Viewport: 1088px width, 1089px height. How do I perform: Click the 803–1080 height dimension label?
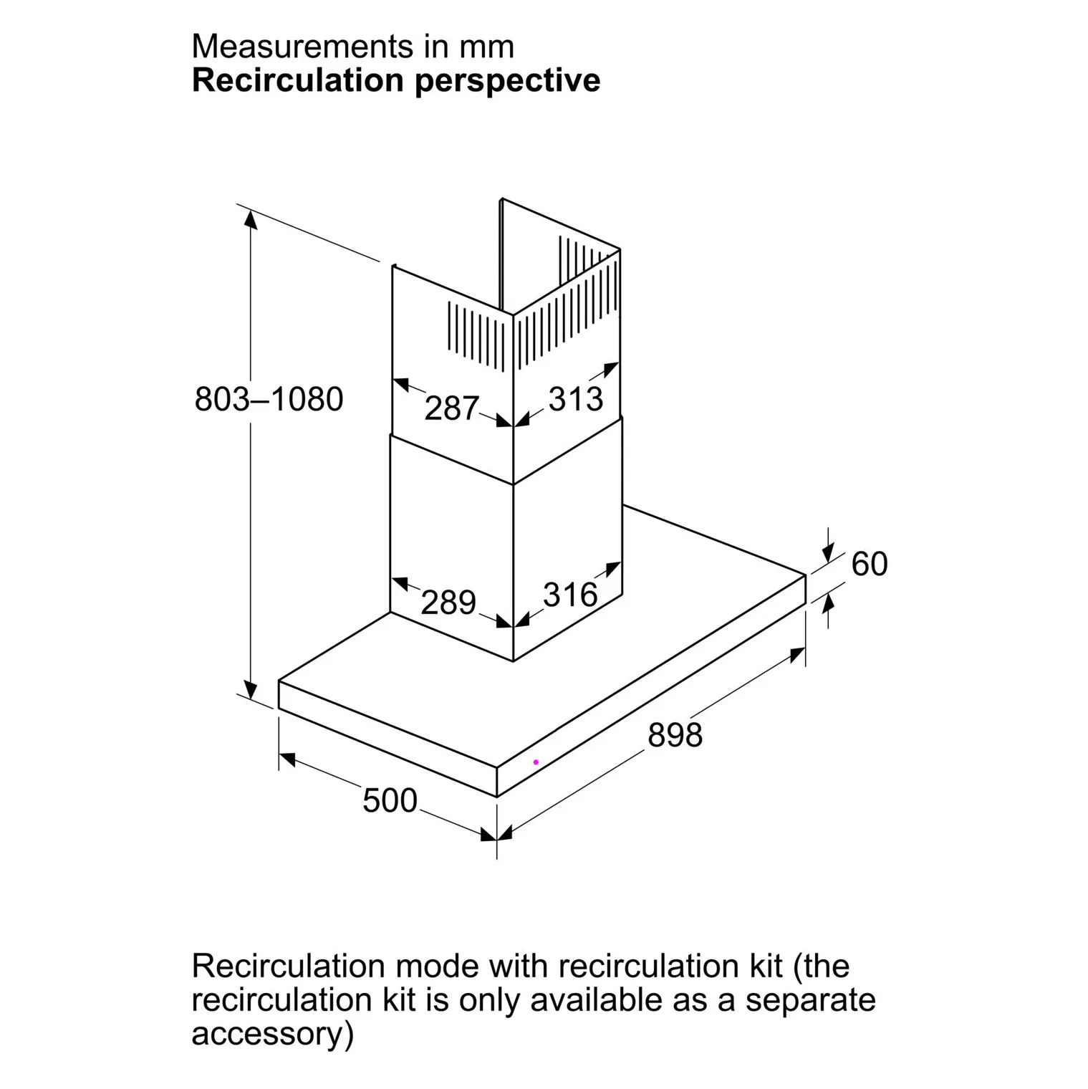click(x=269, y=398)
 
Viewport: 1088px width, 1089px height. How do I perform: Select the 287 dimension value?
click(x=451, y=408)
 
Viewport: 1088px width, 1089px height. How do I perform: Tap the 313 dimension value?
click(x=576, y=398)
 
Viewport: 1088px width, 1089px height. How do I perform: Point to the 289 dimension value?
click(x=448, y=603)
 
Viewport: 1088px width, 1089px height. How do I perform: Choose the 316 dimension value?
click(x=570, y=595)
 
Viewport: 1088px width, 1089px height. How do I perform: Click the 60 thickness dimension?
click(x=870, y=564)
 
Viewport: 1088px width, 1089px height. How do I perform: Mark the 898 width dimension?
click(x=675, y=735)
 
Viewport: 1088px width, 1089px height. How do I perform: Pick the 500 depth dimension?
click(x=390, y=800)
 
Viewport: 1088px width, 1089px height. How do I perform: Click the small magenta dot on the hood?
click(x=536, y=762)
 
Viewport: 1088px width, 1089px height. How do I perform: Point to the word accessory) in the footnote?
click(x=272, y=1035)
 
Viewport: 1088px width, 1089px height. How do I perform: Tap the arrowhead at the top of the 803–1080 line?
click(x=251, y=220)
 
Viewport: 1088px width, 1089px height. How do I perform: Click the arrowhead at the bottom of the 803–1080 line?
click(x=251, y=689)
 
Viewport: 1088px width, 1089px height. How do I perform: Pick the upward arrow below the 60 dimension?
click(x=829, y=612)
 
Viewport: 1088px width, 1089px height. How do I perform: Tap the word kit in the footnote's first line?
click(x=762, y=966)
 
